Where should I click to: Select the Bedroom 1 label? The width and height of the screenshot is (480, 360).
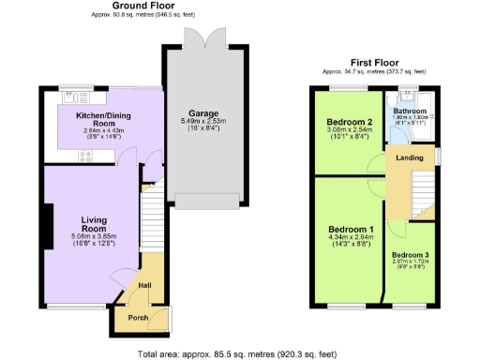click(351, 230)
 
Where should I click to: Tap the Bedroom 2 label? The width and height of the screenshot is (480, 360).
click(350, 123)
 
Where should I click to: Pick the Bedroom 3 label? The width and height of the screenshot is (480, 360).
click(410, 256)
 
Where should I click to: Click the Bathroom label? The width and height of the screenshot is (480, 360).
click(410, 111)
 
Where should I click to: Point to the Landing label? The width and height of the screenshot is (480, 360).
click(410, 157)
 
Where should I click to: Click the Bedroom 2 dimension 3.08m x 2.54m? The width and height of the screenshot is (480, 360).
click(350, 132)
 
